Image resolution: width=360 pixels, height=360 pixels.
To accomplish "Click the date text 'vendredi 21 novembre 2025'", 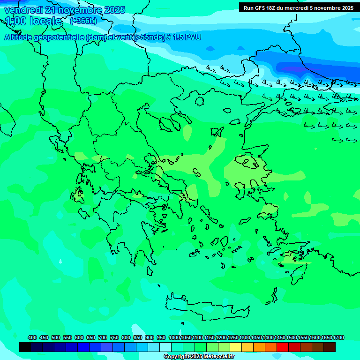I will tap(65, 10).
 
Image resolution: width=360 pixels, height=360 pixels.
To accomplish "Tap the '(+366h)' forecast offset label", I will tap(83, 21).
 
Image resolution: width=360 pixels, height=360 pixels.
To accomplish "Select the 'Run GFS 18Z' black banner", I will tap(298, 7).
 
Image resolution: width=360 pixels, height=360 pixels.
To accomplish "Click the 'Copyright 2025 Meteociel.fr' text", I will tap(199, 357).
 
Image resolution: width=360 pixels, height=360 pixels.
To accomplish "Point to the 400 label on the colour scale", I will tap(32, 337).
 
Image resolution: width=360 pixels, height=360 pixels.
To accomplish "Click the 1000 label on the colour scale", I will tap(174, 337).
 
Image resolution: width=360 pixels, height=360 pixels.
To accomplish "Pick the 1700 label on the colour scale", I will tap(339, 337).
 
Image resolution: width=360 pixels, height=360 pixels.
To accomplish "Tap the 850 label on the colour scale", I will tap(138, 337).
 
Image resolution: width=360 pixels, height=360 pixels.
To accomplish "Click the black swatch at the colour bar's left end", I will tap(25, 347).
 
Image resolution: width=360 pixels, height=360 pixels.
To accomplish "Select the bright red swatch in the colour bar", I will tap(283, 347).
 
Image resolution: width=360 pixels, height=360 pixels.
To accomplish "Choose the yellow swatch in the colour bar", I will tap(236, 347).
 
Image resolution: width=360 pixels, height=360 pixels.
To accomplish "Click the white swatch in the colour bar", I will tap(165, 347).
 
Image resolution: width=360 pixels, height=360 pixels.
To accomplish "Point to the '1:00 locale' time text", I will tap(34, 21).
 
